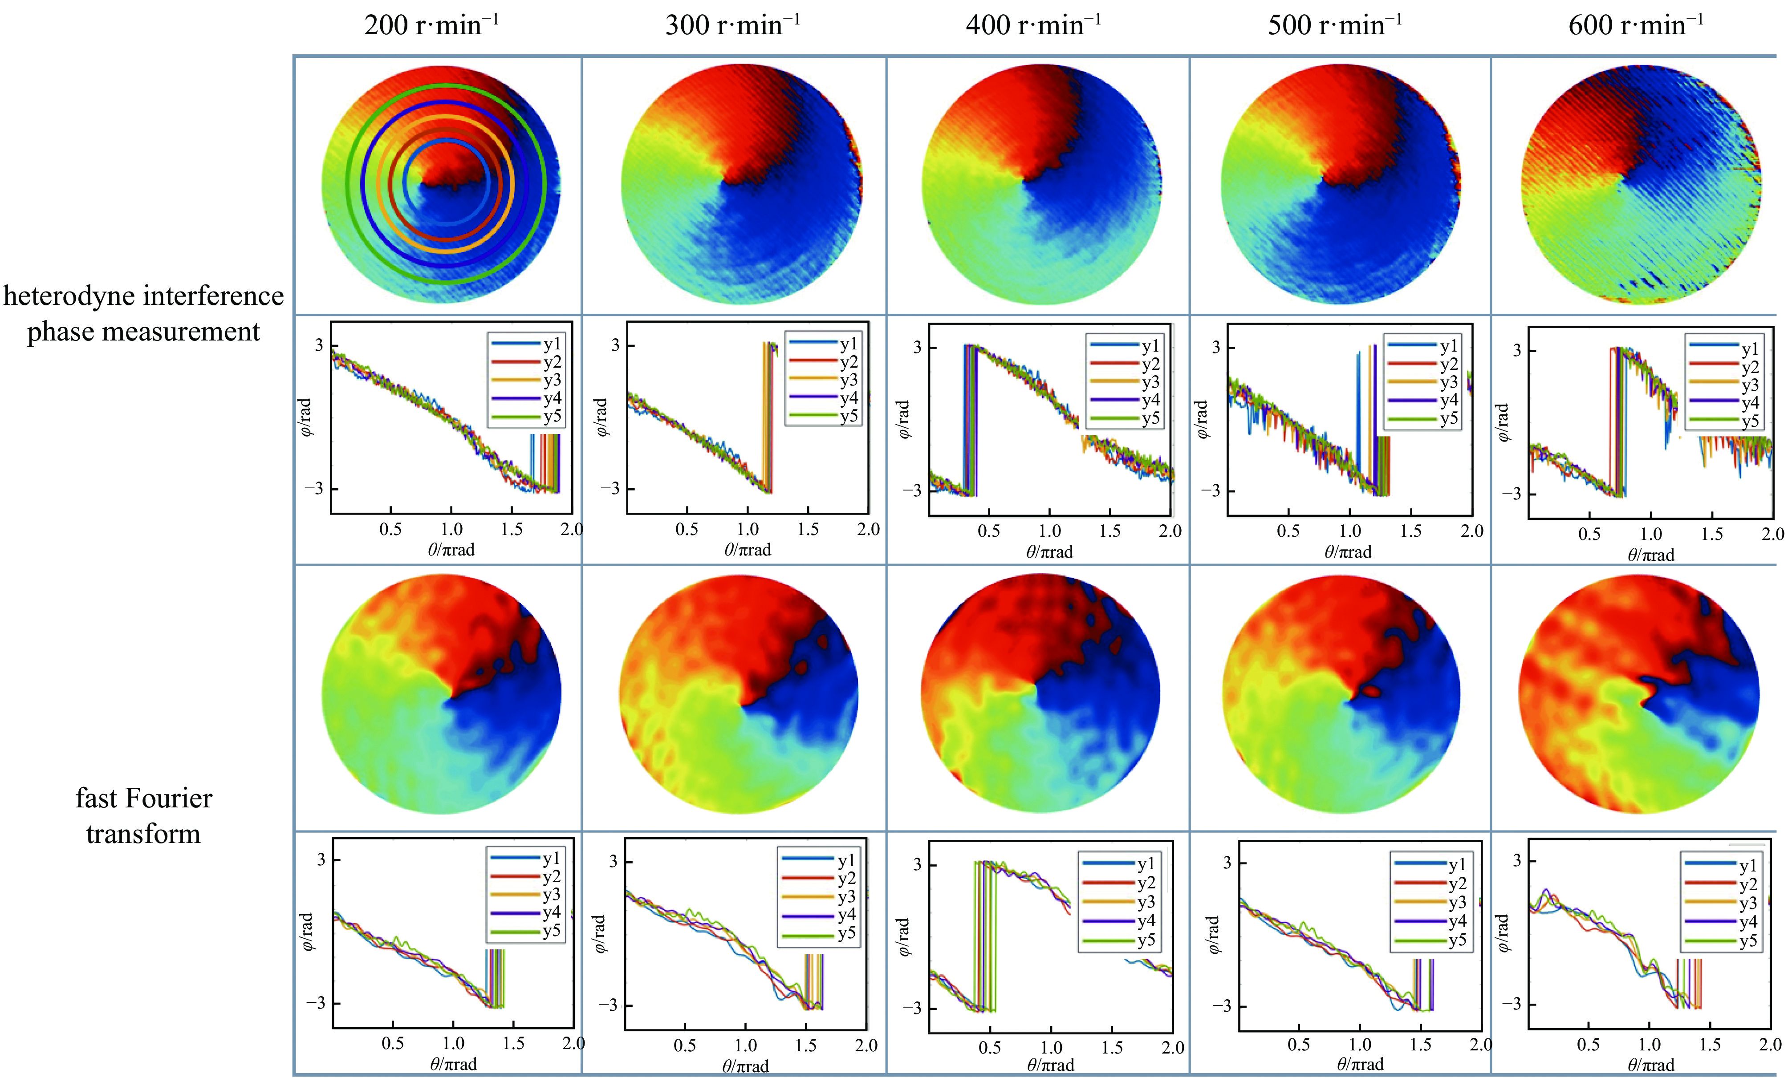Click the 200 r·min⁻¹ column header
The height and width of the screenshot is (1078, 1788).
click(431, 25)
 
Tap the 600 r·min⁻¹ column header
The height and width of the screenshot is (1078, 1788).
click(1636, 25)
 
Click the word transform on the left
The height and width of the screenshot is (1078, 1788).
click(143, 834)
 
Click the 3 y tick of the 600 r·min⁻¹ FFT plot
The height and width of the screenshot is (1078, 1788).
click(1516, 860)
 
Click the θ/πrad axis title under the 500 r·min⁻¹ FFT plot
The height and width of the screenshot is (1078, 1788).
click(1359, 1064)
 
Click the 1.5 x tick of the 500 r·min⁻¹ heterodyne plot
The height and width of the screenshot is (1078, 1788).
click(1410, 531)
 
